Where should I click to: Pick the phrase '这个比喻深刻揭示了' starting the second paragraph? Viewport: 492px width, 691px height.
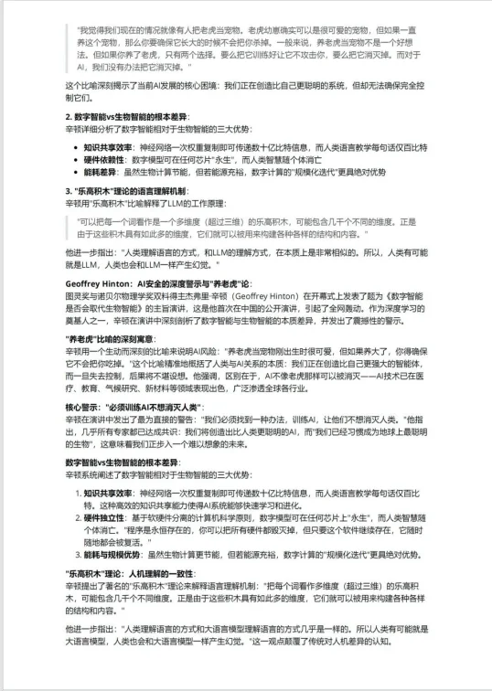coord(104,85)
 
